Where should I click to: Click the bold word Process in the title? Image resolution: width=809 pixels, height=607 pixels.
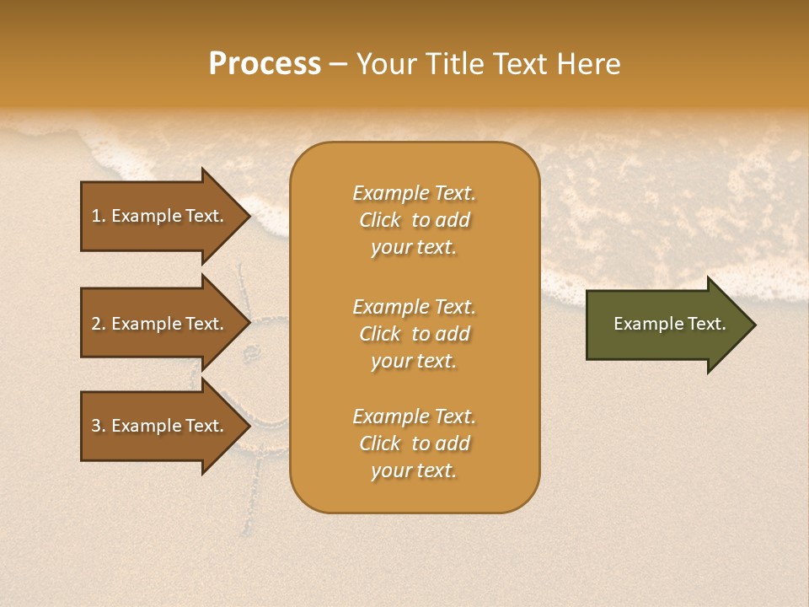(265, 64)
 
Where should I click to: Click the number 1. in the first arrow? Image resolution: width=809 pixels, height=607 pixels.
(99, 216)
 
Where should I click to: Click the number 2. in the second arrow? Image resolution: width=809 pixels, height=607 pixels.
(99, 324)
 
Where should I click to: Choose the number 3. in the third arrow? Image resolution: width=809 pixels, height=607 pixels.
(99, 426)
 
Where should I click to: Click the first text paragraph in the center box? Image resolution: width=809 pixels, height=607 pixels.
(414, 220)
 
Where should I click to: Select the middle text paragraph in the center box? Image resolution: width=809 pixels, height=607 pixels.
(414, 334)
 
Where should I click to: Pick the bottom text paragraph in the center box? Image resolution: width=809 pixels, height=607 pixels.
(414, 443)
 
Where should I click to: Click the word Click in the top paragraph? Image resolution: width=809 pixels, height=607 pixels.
(379, 220)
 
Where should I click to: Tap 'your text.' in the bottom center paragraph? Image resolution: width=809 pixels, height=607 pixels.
(414, 470)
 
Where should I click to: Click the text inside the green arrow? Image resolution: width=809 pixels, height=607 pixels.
(669, 324)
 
